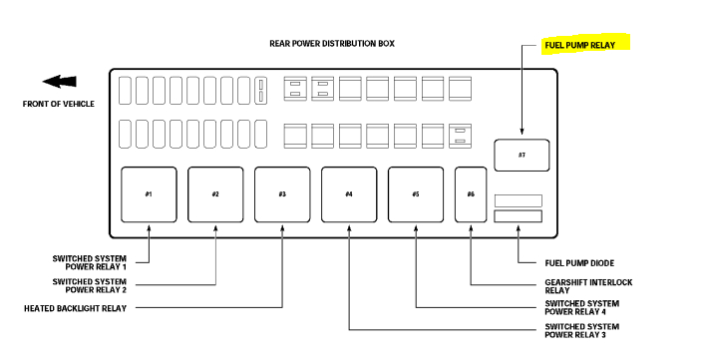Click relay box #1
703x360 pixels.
pyautogui.click(x=149, y=194)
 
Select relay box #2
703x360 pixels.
pyautogui.click(x=215, y=194)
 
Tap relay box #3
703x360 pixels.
pyautogui.click(x=282, y=194)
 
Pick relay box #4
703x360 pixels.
pyautogui.click(x=349, y=194)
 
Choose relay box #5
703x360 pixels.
pyautogui.click(x=416, y=194)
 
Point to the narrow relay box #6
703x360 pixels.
pyautogui.click(x=471, y=194)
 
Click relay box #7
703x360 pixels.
pyautogui.click(x=522, y=156)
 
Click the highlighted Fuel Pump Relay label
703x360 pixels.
pyautogui.click(x=586, y=46)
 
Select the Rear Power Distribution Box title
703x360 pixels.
pyautogui.click(x=331, y=44)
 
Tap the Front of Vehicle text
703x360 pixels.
pyautogui.click(x=59, y=104)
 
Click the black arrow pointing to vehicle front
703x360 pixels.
pyautogui.click(x=58, y=83)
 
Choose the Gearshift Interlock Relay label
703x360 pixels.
pyautogui.click(x=588, y=286)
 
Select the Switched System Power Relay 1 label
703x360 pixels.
pyautogui.click(x=90, y=262)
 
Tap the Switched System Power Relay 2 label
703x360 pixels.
pyautogui.click(x=90, y=285)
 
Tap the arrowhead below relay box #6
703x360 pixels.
pyautogui.click(x=471, y=230)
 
